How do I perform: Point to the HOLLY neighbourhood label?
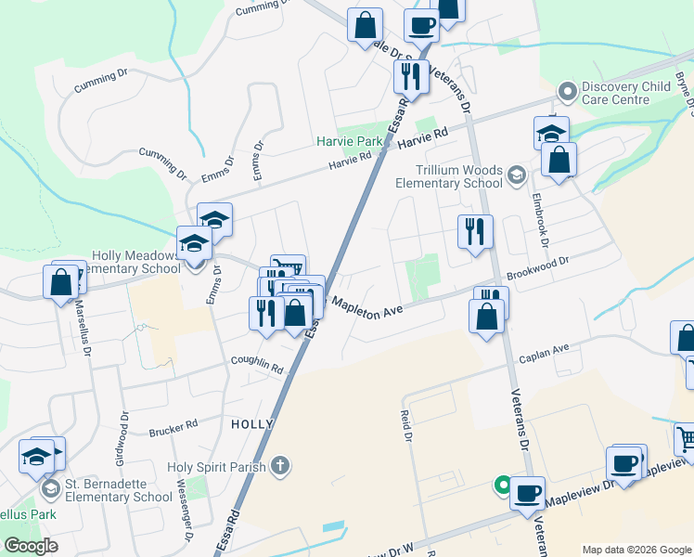(251, 423)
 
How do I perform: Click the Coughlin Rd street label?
(258, 366)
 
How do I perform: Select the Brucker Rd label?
(173, 430)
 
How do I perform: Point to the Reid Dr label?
(405, 425)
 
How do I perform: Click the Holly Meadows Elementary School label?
(135, 262)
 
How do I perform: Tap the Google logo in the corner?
(31, 546)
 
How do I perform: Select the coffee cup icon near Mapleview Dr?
(528, 492)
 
